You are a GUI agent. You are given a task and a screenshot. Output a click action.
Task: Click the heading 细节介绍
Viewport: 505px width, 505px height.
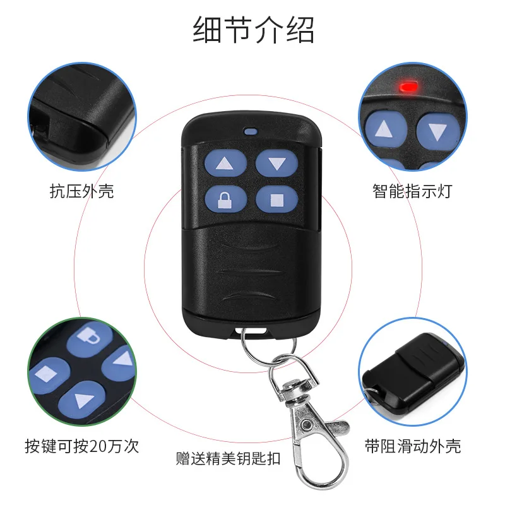(x=253, y=30)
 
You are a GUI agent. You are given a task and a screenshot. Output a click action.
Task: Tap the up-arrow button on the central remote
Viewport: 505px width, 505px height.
(x=226, y=163)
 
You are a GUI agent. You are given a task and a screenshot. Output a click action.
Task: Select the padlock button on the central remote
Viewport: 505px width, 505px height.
(x=226, y=199)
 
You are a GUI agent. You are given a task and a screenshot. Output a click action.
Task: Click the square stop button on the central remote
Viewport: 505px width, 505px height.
(x=276, y=199)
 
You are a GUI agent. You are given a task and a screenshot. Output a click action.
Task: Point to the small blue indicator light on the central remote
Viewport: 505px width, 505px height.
(x=251, y=131)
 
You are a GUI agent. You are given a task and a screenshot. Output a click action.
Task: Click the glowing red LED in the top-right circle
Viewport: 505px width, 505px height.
(x=408, y=86)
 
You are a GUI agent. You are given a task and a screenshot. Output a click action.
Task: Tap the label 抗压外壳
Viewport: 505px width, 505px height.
(x=82, y=191)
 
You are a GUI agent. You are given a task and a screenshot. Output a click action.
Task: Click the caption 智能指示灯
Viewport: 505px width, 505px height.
(x=412, y=191)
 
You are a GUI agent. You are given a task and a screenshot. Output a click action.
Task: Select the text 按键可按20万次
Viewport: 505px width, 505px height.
(x=82, y=446)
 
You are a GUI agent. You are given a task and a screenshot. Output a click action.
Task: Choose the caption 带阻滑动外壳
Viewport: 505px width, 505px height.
(x=413, y=446)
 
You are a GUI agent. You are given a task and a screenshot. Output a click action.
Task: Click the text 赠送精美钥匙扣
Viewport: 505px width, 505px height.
(x=228, y=458)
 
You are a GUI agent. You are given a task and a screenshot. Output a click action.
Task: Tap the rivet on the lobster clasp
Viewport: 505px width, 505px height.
(x=306, y=425)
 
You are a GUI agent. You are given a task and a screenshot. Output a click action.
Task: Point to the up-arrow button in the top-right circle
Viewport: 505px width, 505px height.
(x=385, y=129)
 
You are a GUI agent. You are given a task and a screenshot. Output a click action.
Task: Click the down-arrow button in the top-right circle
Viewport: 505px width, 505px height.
(x=437, y=131)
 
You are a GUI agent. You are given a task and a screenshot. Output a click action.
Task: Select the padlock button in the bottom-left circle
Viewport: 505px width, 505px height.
(x=90, y=339)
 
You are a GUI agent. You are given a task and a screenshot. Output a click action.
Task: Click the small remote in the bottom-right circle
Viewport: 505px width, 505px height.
(x=414, y=374)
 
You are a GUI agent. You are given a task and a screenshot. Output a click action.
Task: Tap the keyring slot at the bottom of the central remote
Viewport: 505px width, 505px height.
(x=251, y=331)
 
